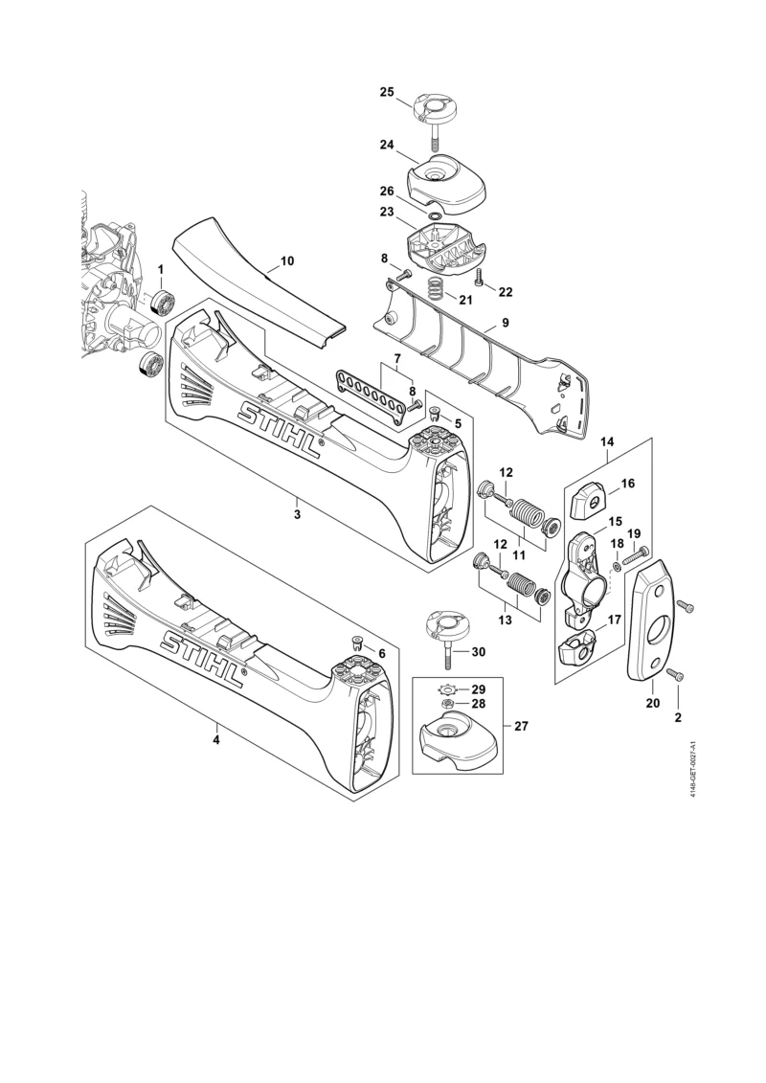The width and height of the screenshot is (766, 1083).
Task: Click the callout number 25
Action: (387, 92)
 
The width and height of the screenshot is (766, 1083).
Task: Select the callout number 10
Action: (286, 261)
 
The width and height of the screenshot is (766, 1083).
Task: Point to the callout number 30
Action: (478, 652)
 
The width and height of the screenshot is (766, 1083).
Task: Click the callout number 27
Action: (521, 726)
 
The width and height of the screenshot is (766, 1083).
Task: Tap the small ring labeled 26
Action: (435, 216)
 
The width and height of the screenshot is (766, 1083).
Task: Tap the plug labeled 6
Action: (358, 643)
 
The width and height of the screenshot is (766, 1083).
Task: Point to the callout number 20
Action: (653, 703)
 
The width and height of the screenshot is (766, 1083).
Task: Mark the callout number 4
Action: (216, 740)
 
